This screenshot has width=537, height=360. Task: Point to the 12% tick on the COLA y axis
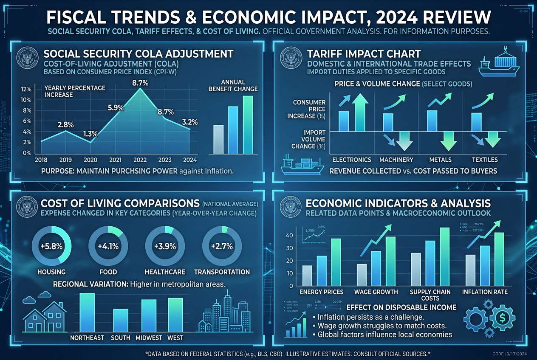click(x=26, y=89)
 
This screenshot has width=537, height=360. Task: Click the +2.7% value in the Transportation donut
click(x=223, y=246)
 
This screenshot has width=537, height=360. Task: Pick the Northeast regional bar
click(x=87, y=312)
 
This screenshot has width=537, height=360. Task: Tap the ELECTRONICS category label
click(x=352, y=160)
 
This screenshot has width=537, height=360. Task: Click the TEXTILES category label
click(x=484, y=160)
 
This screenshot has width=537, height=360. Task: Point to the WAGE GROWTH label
click(x=376, y=292)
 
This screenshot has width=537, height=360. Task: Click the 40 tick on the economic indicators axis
click(x=289, y=235)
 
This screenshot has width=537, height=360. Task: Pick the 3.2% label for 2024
click(x=189, y=123)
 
